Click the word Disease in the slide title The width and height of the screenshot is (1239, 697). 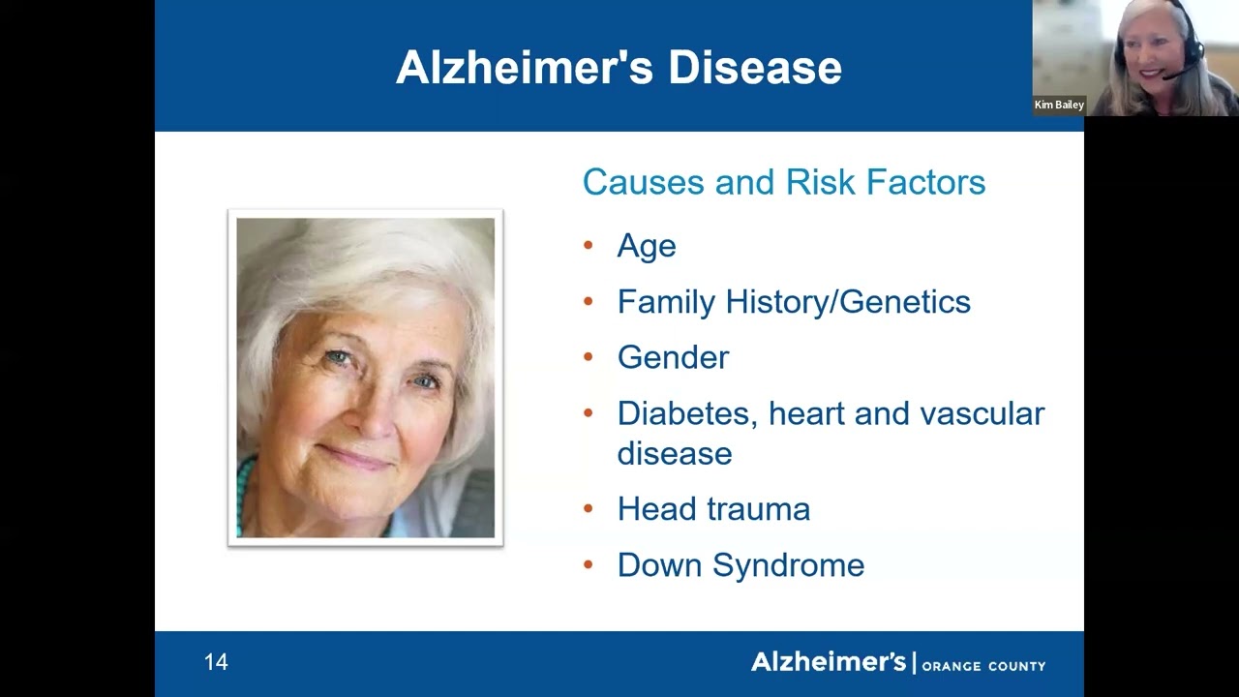click(754, 68)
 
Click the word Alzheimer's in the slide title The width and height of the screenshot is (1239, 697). click(526, 68)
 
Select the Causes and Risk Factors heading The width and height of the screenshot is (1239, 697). click(783, 182)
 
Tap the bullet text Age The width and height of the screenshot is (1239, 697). click(646, 246)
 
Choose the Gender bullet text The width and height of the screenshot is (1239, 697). click(673, 357)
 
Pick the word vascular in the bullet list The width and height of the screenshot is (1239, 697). click(982, 413)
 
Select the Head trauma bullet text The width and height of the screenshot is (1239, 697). click(713, 509)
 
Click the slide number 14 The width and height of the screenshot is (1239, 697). click(216, 662)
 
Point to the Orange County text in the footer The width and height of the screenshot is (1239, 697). click(983, 666)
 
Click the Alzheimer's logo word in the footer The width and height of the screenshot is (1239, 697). click(828, 662)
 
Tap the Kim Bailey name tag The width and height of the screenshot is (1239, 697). click(1059, 105)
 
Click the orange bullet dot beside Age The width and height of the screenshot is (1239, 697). click(589, 245)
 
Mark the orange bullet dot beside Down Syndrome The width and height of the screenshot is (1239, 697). click(589, 564)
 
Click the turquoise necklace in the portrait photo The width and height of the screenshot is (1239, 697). click(245, 494)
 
